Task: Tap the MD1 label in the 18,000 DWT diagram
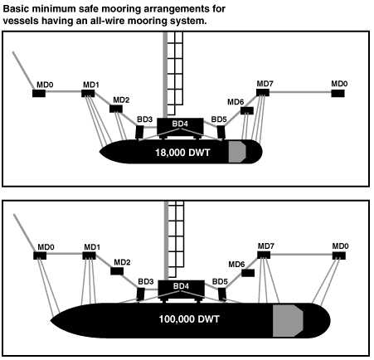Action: coord(91,85)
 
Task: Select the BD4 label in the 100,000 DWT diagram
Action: coord(180,287)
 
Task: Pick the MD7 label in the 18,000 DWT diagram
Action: coord(265,84)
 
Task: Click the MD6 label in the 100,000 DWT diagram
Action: coord(236,265)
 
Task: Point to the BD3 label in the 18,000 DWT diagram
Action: coord(145,120)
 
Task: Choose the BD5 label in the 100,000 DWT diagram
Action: coord(220,282)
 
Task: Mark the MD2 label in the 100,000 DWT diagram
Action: coord(122,262)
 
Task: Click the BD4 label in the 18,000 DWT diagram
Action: coord(180,124)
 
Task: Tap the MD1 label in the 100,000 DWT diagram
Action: coord(91,246)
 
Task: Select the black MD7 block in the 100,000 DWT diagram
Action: coord(265,256)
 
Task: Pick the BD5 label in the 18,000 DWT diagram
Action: coord(220,120)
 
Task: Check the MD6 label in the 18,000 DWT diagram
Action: coord(236,102)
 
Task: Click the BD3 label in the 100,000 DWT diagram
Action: coord(145,282)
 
